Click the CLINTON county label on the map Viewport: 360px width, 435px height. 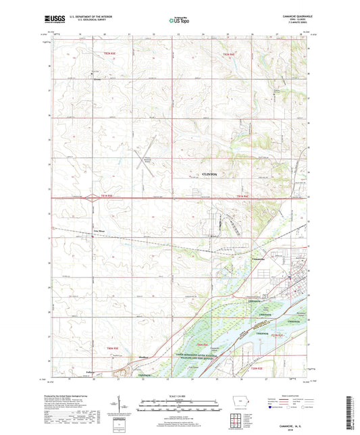211,174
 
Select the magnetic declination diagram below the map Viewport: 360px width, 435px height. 127,404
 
